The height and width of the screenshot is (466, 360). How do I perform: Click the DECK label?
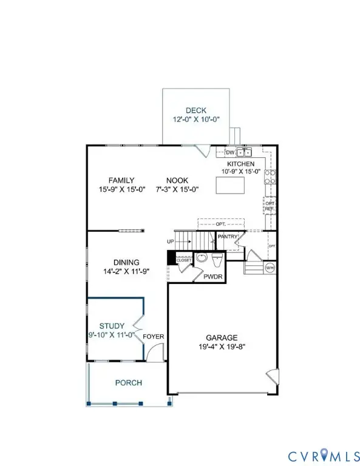[x=196, y=110]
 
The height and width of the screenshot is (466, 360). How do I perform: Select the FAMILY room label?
[x=121, y=180]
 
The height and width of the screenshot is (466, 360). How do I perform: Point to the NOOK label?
[x=178, y=180]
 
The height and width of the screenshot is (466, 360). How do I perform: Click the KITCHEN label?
[x=241, y=164]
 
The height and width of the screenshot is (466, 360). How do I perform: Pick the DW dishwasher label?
[x=230, y=152]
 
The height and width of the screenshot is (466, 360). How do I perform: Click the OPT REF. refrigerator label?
[x=270, y=206]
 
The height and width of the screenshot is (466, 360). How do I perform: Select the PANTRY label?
[x=228, y=237]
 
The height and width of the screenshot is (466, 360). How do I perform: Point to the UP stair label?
[x=171, y=241]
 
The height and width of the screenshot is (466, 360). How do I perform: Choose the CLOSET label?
[x=184, y=260]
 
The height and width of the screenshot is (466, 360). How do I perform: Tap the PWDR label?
[x=212, y=277]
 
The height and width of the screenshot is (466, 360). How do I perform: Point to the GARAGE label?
[x=221, y=337]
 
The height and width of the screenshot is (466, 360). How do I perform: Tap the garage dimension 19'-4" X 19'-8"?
[x=221, y=347]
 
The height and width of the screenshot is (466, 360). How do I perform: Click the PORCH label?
[x=128, y=383]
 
